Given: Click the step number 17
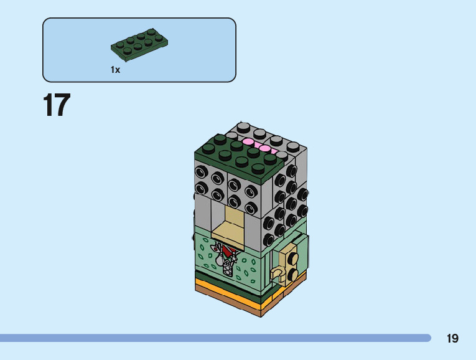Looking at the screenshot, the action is click(x=57, y=105).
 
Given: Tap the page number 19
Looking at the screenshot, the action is click(x=452, y=338).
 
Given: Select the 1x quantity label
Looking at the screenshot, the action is click(x=115, y=70).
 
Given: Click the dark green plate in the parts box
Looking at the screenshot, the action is click(x=139, y=45).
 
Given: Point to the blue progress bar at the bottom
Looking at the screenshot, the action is click(x=215, y=338).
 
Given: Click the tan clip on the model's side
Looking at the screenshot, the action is click(x=277, y=273).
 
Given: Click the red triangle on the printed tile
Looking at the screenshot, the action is click(x=228, y=250).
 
